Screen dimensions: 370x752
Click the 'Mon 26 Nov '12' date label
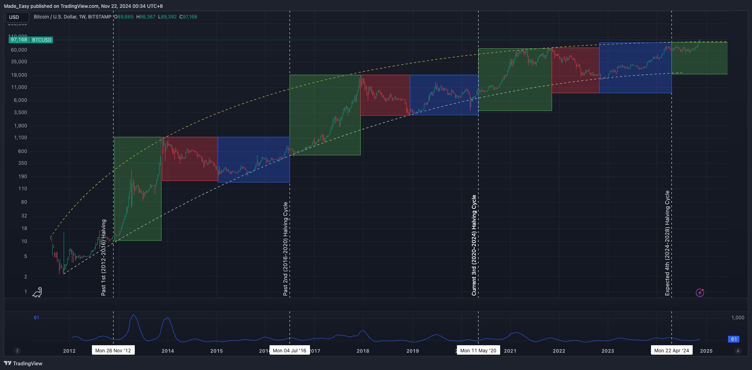(x=113, y=350)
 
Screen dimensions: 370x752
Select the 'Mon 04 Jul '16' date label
(x=290, y=350)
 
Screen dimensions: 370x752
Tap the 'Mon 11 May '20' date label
(x=478, y=350)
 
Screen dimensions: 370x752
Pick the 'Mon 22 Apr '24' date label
(x=671, y=350)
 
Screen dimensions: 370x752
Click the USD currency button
(x=17, y=17)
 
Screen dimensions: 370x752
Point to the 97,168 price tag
(x=19, y=40)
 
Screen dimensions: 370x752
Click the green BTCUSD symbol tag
(x=42, y=40)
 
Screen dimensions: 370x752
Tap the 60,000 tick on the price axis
(x=19, y=50)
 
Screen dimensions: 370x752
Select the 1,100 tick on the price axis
(x=20, y=138)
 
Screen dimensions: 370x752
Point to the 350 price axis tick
(x=23, y=163)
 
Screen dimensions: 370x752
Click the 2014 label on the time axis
(x=168, y=351)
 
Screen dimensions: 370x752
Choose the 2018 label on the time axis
(x=363, y=351)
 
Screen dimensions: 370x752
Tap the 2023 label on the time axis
(x=607, y=351)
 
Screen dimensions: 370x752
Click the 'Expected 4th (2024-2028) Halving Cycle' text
(x=667, y=243)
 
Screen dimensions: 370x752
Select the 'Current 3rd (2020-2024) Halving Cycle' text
(x=474, y=245)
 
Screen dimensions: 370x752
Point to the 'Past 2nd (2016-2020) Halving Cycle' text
(x=286, y=249)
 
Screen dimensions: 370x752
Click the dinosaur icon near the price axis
(x=37, y=292)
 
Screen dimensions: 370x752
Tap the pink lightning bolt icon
(x=700, y=293)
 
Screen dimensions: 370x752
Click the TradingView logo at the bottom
(x=23, y=363)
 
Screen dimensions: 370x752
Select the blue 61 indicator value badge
(x=734, y=339)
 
